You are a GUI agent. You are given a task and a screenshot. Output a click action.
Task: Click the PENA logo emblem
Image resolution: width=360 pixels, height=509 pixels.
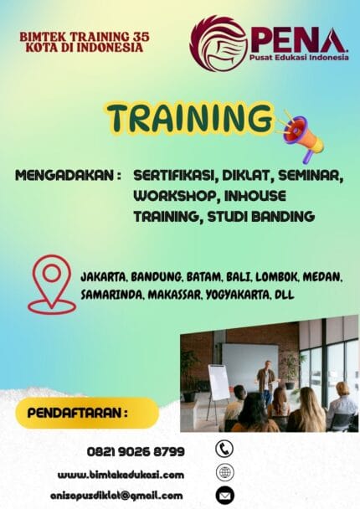[218, 43]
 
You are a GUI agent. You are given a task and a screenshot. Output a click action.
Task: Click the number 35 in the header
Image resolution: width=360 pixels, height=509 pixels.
[141, 38]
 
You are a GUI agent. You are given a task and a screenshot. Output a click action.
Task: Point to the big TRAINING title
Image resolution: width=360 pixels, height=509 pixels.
[191, 118]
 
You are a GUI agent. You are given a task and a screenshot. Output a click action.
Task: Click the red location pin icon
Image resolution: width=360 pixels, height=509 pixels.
[51, 283]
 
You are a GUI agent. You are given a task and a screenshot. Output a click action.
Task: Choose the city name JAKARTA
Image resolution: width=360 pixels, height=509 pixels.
[103, 276]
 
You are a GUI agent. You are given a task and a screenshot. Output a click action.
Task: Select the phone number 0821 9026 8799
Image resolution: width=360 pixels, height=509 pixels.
[136, 451]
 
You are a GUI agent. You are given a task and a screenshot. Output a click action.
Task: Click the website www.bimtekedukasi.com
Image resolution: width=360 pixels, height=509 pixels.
[121, 475]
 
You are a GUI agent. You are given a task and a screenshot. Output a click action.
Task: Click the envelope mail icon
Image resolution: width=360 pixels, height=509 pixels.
[224, 496]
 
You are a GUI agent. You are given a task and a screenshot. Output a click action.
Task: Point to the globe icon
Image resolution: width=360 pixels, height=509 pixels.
[224, 472]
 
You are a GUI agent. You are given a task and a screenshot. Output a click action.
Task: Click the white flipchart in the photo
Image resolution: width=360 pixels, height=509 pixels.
[219, 382]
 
